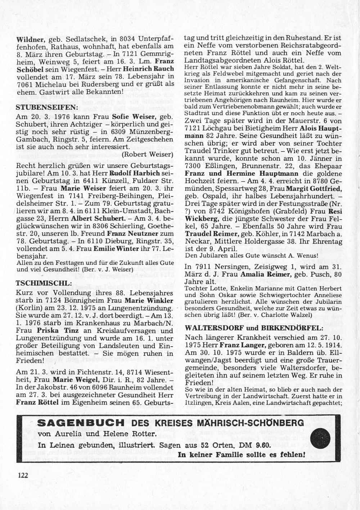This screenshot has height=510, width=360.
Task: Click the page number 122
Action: click(x=22, y=475)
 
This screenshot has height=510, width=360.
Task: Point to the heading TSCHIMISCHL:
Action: click(x=44, y=283)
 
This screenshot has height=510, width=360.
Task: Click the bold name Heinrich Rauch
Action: click(x=148, y=68)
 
